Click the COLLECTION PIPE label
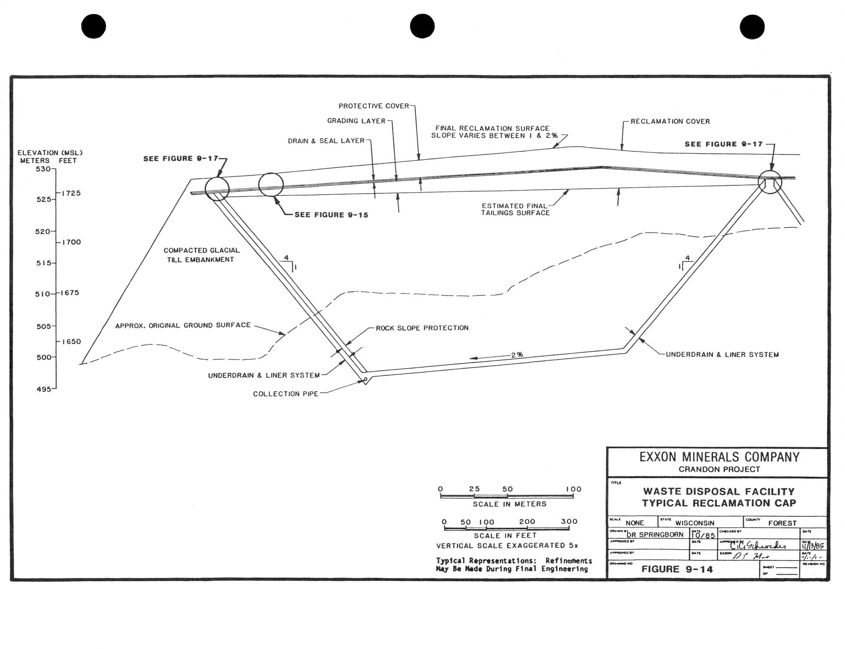286,394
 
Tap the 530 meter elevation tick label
43,169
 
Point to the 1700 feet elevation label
71,242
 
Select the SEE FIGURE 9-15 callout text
331,215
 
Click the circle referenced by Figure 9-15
271,184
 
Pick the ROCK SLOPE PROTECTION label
422,328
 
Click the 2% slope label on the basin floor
517,355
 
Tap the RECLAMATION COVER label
670,121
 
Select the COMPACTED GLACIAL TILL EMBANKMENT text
201,255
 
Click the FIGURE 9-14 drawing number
677,569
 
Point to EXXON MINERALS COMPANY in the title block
719,457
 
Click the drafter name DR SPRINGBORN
655,535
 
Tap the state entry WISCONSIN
695,523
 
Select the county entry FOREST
782,523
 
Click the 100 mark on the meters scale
574,489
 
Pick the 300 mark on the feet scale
569,521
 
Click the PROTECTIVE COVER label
374,106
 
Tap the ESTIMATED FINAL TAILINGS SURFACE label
516,209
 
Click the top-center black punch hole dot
422,26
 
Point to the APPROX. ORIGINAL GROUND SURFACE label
183,325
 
